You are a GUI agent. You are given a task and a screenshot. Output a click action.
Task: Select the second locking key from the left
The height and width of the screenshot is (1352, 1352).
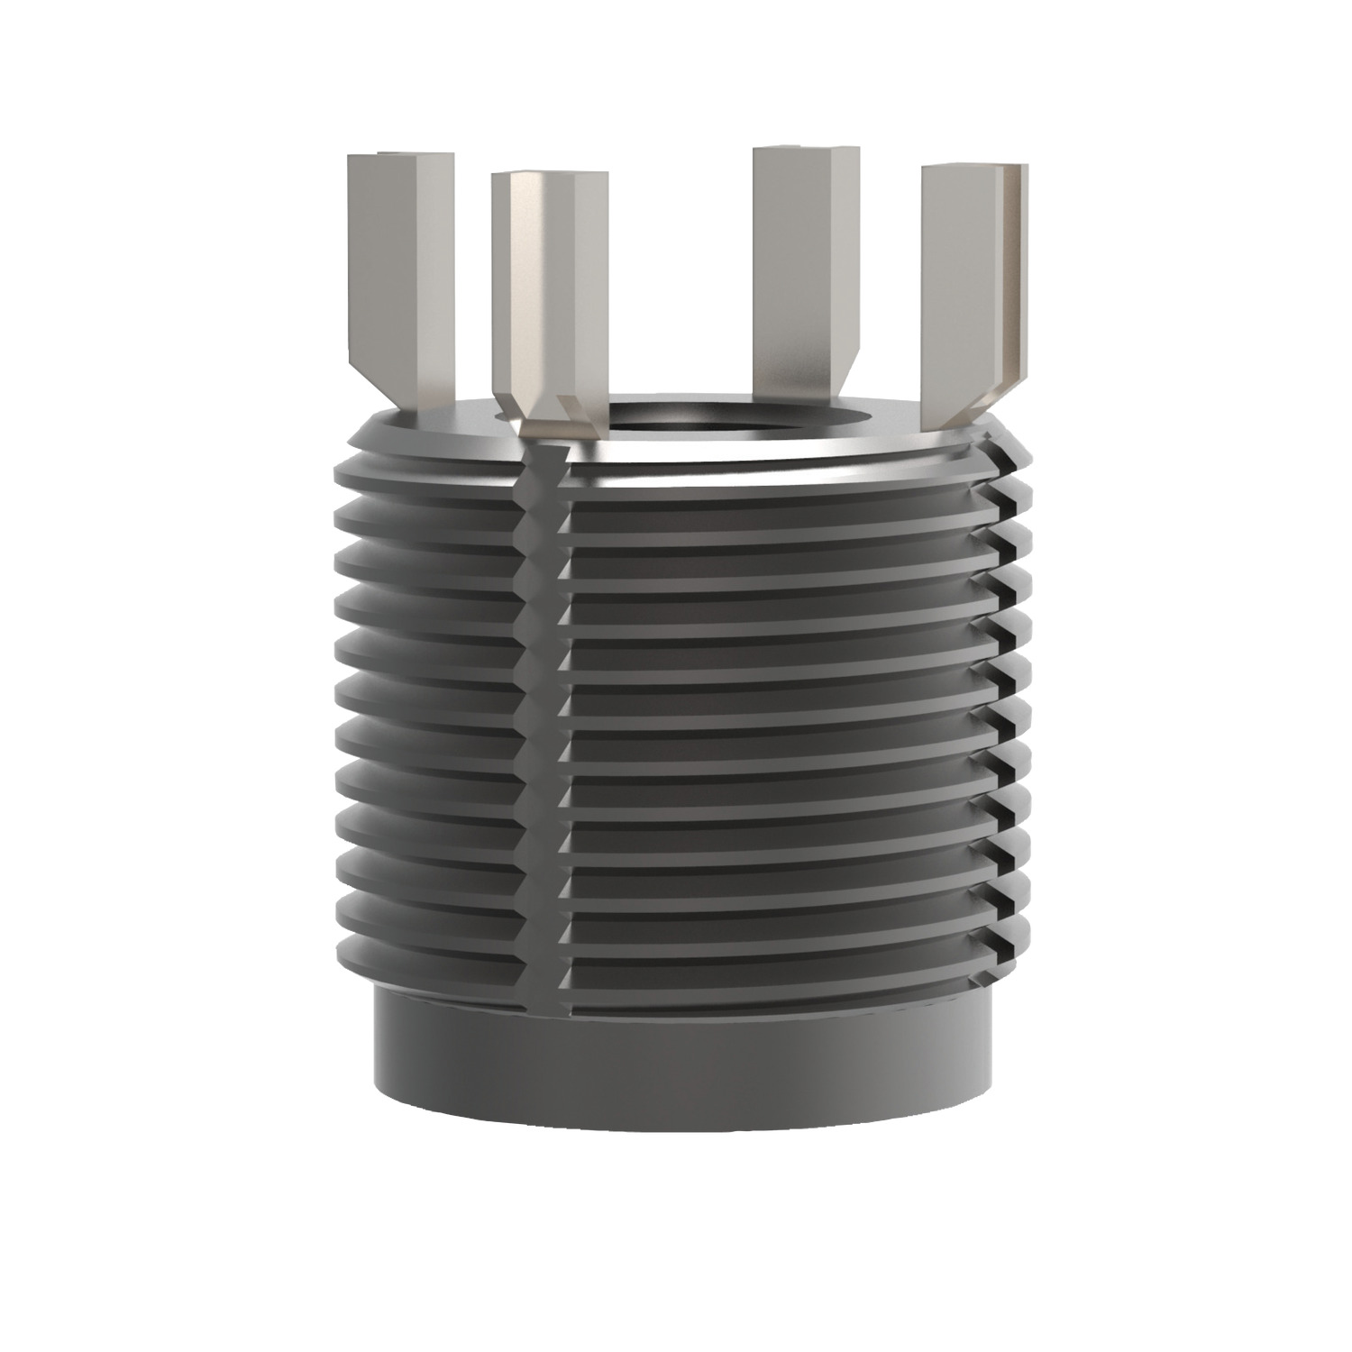click(x=548, y=288)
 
